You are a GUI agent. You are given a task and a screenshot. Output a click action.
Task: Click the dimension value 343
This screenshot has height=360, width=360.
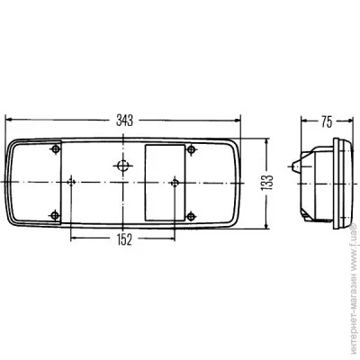pyautogui.click(x=124, y=121)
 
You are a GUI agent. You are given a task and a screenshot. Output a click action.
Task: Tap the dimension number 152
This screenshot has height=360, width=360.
pyautogui.click(x=124, y=239)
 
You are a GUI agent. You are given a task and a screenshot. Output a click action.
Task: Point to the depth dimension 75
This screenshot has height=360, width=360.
pyautogui.click(x=327, y=121)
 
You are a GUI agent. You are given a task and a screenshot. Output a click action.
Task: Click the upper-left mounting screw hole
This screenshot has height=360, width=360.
pyautogui.click(x=56, y=149)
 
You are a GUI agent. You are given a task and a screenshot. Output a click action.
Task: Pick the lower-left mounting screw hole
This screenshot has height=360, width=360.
pyautogui.click(x=55, y=215)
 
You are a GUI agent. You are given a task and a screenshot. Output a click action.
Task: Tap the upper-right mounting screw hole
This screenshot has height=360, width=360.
pyautogui.click(x=191, y=149)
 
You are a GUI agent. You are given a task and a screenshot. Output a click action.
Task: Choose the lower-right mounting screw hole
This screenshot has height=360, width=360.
pyautogui.click(x=191, y=215)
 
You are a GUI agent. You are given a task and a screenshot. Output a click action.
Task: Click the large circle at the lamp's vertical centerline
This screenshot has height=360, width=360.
pyautogui.click(x=123, y=165)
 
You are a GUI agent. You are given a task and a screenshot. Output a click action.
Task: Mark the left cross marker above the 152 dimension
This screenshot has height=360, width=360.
pyautogui.click(x=71, y=182)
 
